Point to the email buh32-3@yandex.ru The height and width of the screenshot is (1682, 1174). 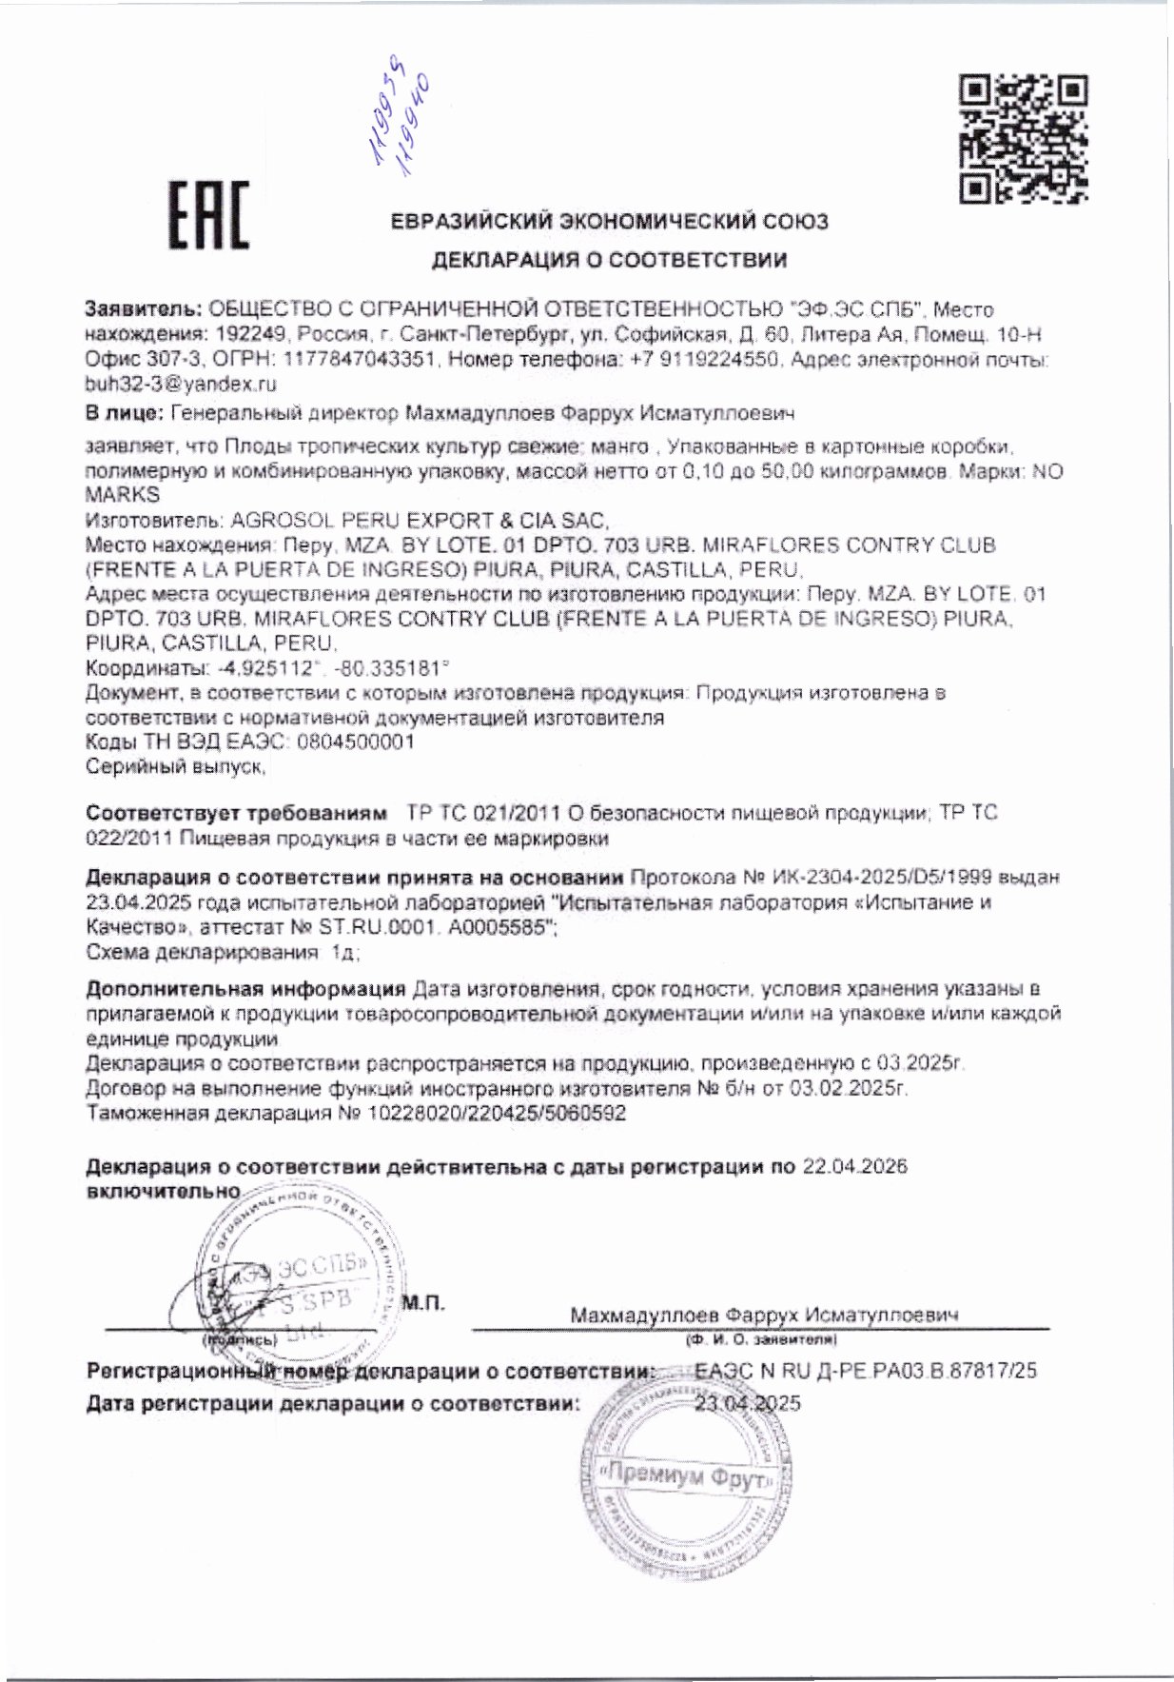(181, 385)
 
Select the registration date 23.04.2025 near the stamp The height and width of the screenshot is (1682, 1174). (748, 1403)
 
